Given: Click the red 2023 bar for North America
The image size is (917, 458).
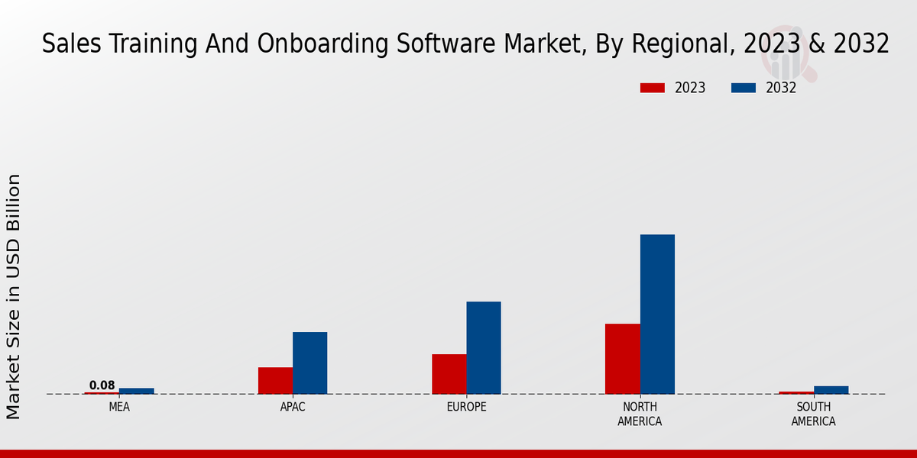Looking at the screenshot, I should tap(622, 359).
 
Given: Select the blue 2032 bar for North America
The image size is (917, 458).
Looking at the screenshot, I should tap(657, 314).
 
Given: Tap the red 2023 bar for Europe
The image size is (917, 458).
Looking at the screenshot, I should tap(449, 374).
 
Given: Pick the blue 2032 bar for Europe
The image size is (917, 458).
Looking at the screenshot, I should tap(484, 347).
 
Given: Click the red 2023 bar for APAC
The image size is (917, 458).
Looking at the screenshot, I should tap(275, 380).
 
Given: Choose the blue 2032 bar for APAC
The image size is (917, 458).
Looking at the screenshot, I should tap(309, 363).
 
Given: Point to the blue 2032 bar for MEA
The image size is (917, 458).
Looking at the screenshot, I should tap(136, 391).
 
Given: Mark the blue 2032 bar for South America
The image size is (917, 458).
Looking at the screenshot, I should tap(831, 390).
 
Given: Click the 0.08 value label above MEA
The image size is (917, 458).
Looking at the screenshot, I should tap(102, 385).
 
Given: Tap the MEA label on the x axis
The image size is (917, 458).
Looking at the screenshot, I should tap(119, 407).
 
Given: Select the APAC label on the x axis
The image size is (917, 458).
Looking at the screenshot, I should tap(293, 407).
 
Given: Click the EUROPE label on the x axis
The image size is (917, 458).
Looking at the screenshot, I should tap(466, 407).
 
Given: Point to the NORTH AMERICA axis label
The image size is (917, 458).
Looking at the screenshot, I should tap(640, 414).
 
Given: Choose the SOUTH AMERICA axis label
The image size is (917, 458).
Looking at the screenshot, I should tap(813, 414).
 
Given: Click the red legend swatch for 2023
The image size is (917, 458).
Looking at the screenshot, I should tap(652, 88).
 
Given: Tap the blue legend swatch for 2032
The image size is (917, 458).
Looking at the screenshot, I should tap(743, 88).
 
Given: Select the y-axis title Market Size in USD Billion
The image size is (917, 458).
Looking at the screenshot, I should tap(14, 296).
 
